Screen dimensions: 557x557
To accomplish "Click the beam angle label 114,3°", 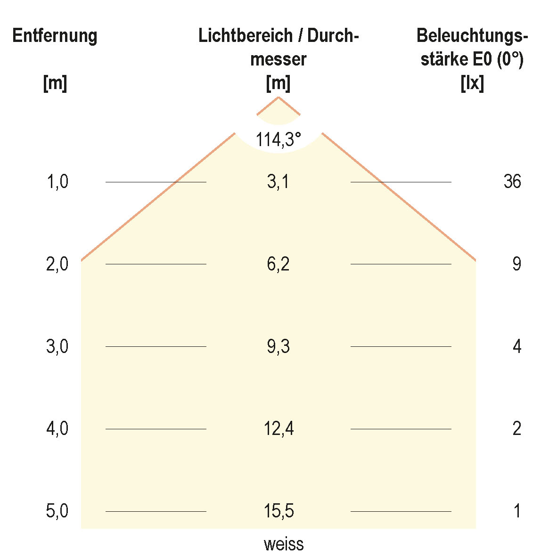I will coord(278,139).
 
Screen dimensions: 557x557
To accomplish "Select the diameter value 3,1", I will coord(278,181).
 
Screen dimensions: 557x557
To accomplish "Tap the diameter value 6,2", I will coord(278,264).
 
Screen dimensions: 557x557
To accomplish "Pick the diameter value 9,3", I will coord(278,346).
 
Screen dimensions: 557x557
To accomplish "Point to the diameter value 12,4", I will coord(278,429).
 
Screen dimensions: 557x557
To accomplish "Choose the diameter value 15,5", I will coord(278,511).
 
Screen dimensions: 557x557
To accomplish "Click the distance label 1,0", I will coord(57,181).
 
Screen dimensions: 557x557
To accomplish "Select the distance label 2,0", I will coord(57,264).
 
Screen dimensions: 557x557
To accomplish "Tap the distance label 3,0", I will coord(57,346).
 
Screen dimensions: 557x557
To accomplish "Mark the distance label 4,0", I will coord(57,429).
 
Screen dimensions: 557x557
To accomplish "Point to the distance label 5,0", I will coord(57,511).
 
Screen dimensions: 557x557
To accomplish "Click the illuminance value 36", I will coord(512,181).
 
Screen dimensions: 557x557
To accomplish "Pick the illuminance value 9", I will coord(517,264).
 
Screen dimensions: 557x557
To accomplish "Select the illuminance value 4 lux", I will coord(517,346).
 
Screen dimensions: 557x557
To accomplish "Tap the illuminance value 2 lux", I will coord(517,429).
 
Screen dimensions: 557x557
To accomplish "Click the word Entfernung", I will coord(55,36).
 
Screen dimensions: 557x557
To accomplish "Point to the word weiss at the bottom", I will coord(284,544).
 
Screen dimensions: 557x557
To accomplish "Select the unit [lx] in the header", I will coord(472,84).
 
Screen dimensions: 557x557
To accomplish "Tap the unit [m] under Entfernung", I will coord(55,84).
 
